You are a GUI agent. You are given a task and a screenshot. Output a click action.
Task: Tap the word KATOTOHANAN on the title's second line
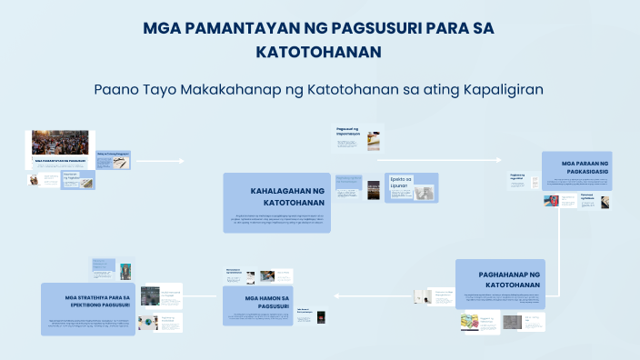[x=319, y=53]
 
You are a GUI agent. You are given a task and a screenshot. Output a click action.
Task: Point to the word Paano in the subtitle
[x=119, y=90]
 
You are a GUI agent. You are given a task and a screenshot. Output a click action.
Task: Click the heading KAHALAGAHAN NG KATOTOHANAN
[x=286, y=196]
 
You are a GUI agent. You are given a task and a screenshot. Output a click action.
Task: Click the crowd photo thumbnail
[x=61, y=143]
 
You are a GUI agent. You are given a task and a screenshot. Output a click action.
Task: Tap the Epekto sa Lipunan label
[x=400, y=183]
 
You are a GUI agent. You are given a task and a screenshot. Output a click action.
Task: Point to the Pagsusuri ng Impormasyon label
[x=348, y=135]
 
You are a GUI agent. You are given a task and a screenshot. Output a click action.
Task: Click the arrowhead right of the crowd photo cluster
[x=181, y=161]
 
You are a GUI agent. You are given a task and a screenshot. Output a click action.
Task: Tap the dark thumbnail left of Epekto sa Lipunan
[x=373, y=189]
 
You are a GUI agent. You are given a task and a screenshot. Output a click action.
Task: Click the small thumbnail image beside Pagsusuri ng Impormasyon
[x=374, y=140]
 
